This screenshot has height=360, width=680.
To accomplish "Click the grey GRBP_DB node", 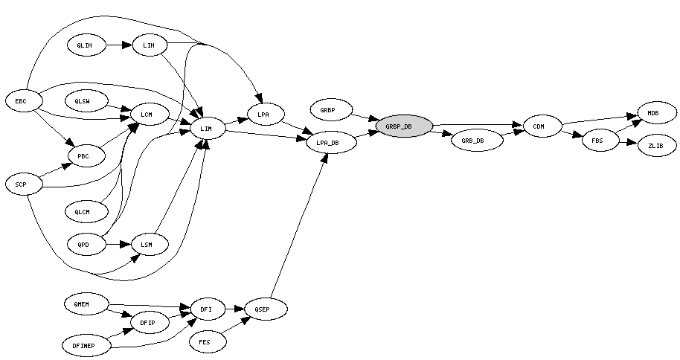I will [x=404, y=126].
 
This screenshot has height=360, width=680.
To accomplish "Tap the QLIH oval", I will [x=85, y=45].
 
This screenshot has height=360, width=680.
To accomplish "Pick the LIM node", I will [x=207, y=129].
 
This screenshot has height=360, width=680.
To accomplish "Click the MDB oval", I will [x=652, y=113].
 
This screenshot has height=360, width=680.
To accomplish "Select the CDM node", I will [x=539, y=126].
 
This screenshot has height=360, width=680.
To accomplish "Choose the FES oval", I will [x=205, y=342].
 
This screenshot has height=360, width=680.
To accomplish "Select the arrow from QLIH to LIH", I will [x=118, y=45].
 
